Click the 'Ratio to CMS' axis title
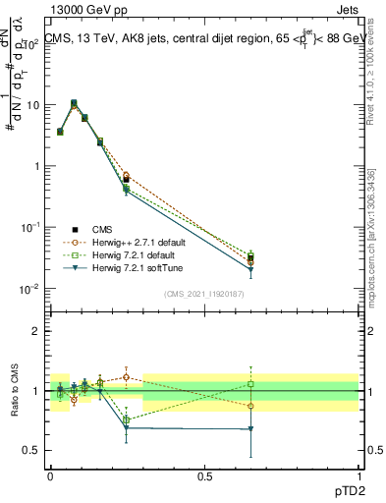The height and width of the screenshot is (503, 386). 16,388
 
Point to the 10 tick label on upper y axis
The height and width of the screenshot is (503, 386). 33,105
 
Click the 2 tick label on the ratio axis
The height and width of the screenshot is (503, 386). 37,331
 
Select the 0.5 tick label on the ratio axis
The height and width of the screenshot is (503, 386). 32,451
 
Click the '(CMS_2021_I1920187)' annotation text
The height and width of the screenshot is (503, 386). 203,294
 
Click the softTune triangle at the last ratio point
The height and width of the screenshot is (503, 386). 251,429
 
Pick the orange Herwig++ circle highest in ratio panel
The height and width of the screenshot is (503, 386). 126,376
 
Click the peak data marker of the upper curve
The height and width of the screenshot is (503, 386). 74,102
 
